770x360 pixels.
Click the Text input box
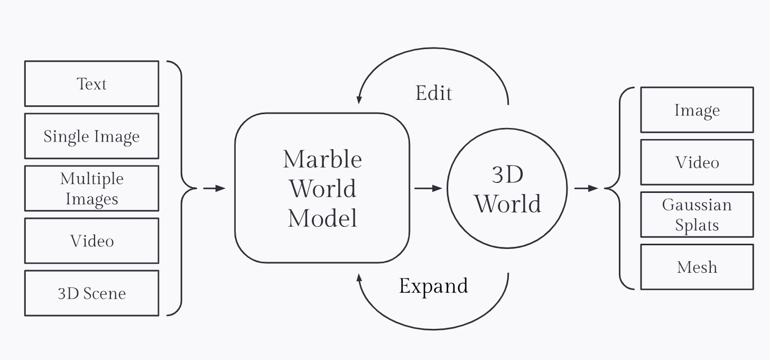pyautogui.click(x=91, y=84)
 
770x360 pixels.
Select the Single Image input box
pyautogui.click(x=91, y=136)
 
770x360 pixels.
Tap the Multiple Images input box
pyautogui.click(x=91, y=188)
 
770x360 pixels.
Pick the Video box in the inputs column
pyautogui.click(x=91, y=241)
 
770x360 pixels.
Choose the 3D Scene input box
pyautogui.click(x=91, y=293)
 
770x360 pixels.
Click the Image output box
pyautogui.click(x=697, y=110)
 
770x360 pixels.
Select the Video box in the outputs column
pyautogui.click(x=697, y=162)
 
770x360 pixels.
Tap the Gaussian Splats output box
pyautogui.click(x=697, y=215)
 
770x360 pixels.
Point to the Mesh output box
pyautogui.click(x=697, y=267)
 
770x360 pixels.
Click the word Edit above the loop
pyautogui.click(x=434, y=93)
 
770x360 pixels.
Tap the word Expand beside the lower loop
pyautogui.click(x=433, y=286)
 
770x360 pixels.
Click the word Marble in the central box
pyautogui.click(x=322, y=159)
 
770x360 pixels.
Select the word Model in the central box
pyautogui.click(x=322, y=218)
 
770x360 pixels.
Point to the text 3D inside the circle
pyautogui.click(x=507, y=175)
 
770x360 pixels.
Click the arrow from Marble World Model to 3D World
pyautogui.click(x=428, y=188)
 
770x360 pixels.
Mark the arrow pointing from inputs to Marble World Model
pyautogui.click(x=214, y=188)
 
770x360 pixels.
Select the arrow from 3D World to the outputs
pyautogui.click(x=586, y=188)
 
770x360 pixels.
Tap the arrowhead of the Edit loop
pyautogui.click(x=359, y=99)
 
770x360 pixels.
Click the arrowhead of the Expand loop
pyautogui.click(x=359, y=278)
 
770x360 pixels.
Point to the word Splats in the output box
pyautogui.click(x=697, y=226)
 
